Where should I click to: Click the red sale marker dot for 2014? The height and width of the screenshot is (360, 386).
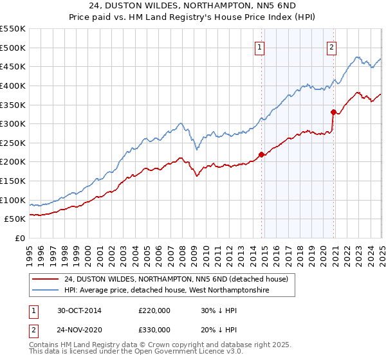261,154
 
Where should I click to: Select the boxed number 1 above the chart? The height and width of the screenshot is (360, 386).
259,46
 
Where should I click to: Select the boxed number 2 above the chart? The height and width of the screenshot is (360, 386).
331,46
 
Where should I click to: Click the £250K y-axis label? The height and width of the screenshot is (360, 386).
13,143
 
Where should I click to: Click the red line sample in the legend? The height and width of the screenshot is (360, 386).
46,279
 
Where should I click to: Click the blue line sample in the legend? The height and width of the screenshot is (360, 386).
46,291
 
